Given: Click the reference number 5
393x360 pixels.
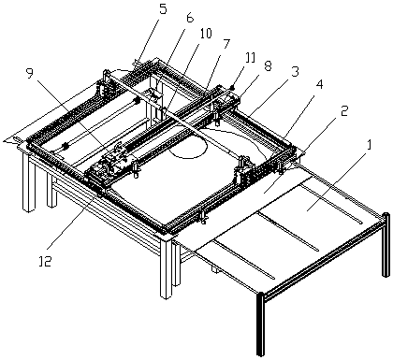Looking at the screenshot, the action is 162,9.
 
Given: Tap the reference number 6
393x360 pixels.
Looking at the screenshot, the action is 190,18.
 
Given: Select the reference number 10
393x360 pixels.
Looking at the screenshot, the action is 206,33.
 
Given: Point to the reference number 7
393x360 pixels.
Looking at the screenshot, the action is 226,45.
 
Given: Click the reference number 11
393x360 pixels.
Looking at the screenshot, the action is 251,58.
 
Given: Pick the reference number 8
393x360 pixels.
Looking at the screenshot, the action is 268,66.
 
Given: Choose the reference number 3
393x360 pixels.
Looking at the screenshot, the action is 295,72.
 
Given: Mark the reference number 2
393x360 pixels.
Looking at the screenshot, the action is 343,111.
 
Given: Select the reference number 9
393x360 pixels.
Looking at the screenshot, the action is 30,74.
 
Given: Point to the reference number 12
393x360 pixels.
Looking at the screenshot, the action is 46,261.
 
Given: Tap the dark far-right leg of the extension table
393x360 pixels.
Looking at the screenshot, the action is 386,245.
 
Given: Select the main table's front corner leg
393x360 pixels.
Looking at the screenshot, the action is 166,269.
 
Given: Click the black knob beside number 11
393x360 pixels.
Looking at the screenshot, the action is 233,88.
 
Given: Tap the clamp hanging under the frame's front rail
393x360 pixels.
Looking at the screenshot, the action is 204,218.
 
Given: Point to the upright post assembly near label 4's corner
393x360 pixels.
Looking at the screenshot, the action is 244,171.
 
